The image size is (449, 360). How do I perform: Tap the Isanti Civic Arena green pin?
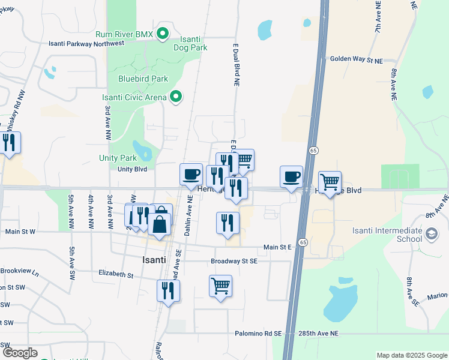[176, 97]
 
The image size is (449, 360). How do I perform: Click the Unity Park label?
[118, 158]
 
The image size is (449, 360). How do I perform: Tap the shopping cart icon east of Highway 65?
[330, 182]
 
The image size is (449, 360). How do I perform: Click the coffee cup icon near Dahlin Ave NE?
[191, 174]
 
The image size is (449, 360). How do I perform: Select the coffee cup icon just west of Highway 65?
[292, 176]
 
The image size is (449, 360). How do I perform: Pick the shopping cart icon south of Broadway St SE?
[220, 285]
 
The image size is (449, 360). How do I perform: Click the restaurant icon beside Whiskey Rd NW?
[10, 143]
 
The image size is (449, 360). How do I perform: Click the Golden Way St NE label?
[356, 59]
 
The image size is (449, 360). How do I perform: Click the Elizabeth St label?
[116, 274]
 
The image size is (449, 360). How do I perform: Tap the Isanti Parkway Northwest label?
[87, 43]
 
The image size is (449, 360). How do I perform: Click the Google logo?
[20, 353]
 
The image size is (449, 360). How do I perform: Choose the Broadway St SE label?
[234, 262]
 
